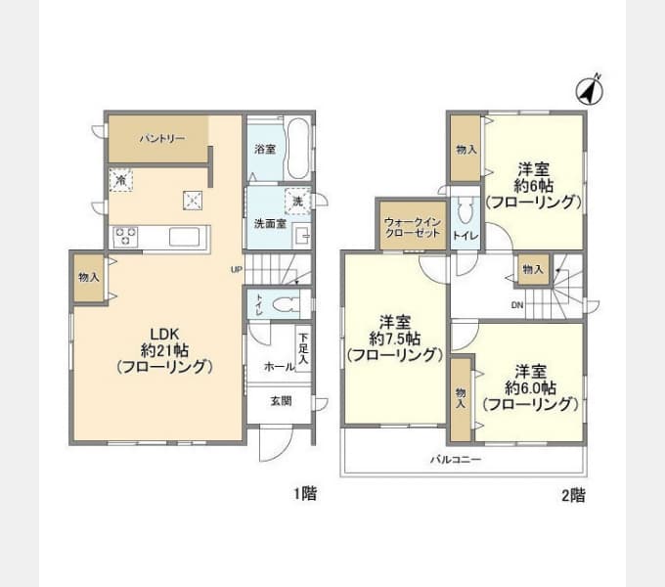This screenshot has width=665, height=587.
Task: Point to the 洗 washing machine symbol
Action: (x=296, y=200)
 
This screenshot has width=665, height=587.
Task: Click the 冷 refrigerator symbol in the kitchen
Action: (x=120, y=180)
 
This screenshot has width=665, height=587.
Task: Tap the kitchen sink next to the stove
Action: (x=186, y=237)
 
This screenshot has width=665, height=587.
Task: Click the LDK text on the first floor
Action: (x=163, y=331)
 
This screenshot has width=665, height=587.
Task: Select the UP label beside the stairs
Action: (x=236, y=269)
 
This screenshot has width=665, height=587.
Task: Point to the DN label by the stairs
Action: (x=516, y=304)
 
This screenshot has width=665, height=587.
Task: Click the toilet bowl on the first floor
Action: (x=284, y=304)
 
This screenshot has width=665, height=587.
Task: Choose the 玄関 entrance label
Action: (x=281, y=401)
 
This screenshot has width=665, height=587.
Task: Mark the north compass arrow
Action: (x=589, y=91)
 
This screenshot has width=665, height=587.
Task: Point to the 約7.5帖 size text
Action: (x=395, y=338)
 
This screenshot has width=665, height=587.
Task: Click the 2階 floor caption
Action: (x=573, y=494)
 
